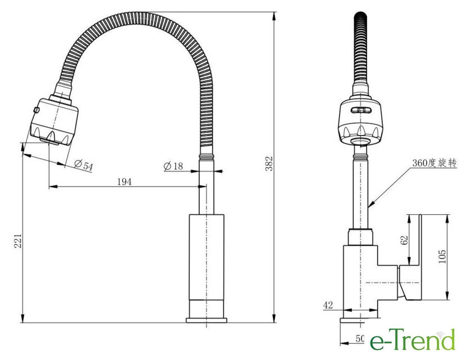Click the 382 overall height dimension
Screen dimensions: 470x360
270,164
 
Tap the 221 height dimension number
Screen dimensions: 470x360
19,241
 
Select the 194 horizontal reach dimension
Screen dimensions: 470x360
124,182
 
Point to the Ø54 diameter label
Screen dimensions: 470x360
84,165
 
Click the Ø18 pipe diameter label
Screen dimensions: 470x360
173,166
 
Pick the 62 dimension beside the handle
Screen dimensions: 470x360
404,240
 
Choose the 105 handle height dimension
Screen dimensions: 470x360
442,256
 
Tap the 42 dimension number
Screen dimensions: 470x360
328,305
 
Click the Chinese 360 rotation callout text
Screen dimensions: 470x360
435,163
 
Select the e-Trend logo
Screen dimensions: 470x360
413,339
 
